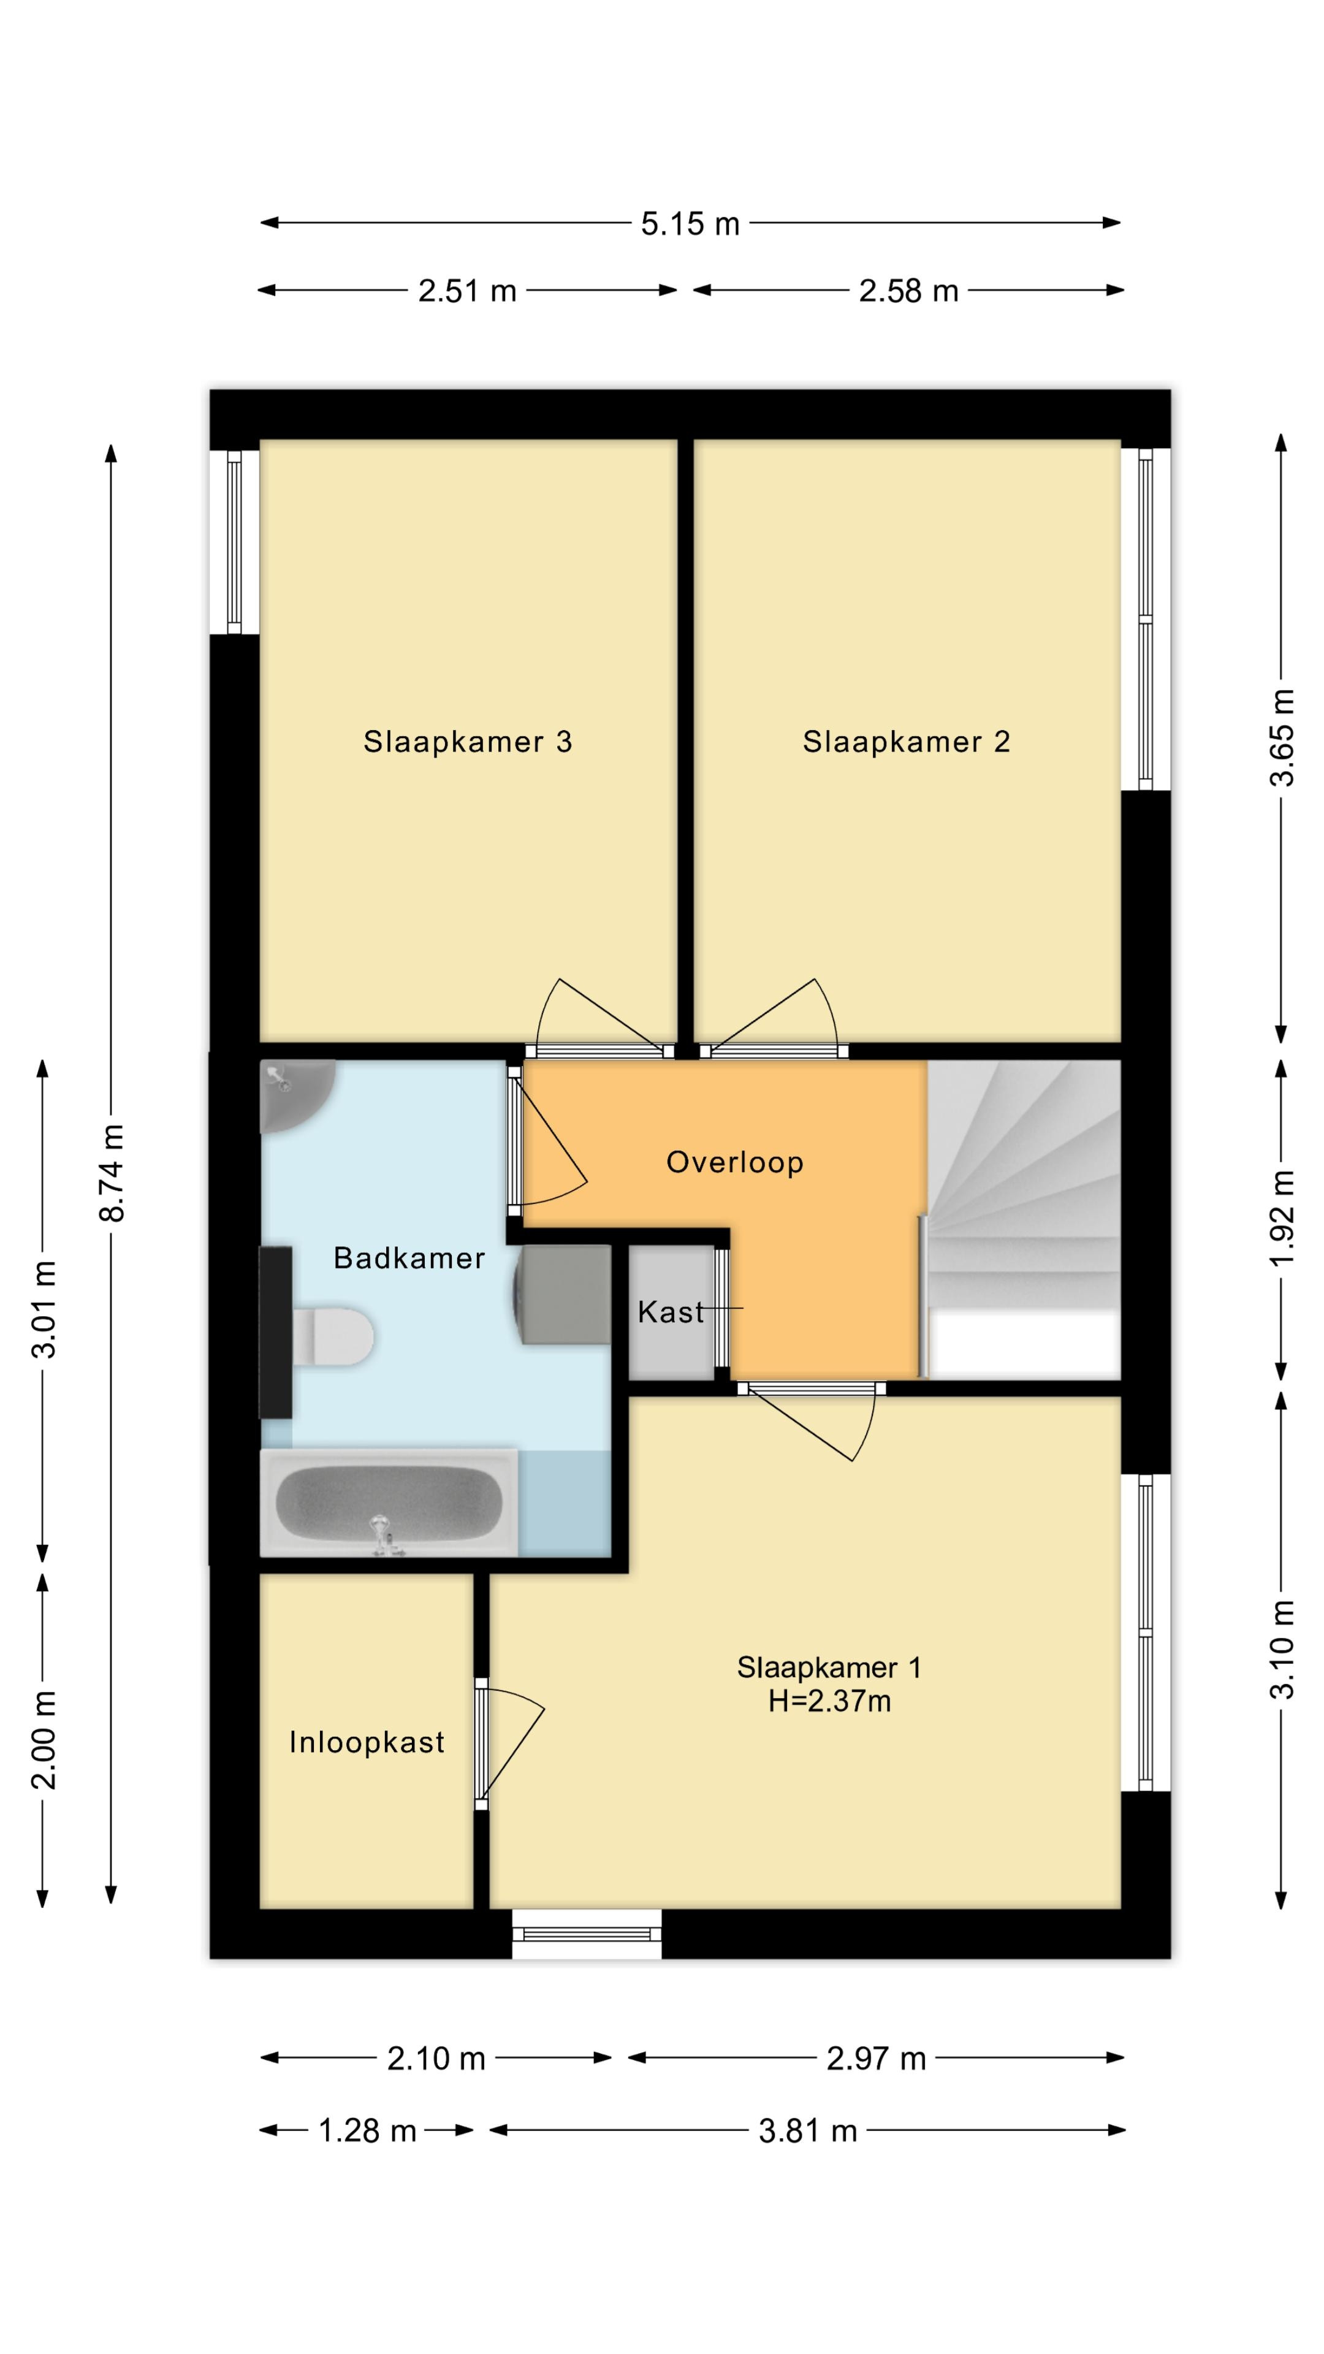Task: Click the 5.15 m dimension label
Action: pyautogui.click(x=690, y=224)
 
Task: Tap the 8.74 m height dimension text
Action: pyautogui.click(x=112, y=1173)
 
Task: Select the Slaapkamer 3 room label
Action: pyautogui.click(x=468, y=741)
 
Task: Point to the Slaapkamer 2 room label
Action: pyautogui.click(x=907, y=741)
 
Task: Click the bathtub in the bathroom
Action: pyautogui.click(x=389, y=1503)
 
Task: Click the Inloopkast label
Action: pyautogui.click(x=367, y=1743)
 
